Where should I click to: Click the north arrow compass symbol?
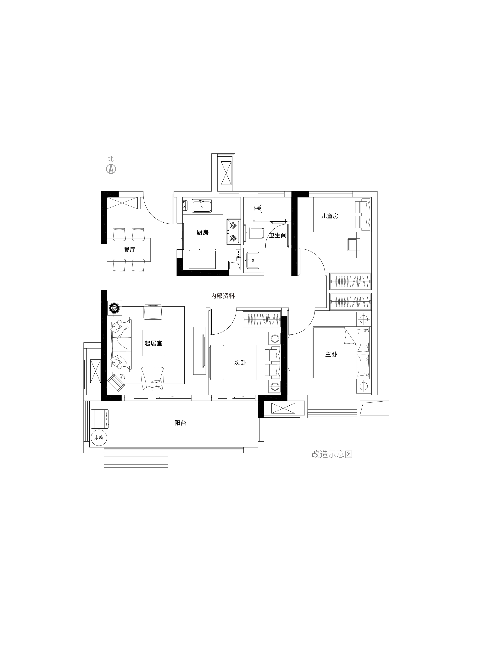point(111,169)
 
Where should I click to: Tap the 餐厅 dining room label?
point(130,250)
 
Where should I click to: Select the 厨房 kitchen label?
point(202,232)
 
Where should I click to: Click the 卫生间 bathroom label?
point(277,235)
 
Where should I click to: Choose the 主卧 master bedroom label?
point(331,354)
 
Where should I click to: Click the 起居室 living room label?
point(153,343)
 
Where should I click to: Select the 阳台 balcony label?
point(180,423)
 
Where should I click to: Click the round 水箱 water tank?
point(99,437)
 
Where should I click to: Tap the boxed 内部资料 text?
point(222,296)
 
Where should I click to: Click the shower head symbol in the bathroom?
point(258,208)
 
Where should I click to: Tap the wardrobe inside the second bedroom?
point(262,319)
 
